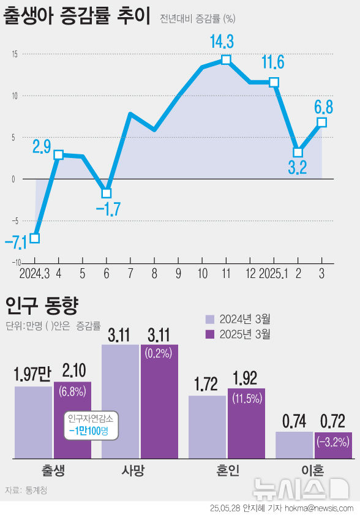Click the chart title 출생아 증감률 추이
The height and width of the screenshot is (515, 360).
point(77,17)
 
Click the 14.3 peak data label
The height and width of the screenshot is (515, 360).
point(222,42)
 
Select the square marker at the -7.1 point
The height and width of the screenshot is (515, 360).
point(35,238)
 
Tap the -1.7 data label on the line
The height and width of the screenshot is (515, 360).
point(108,209)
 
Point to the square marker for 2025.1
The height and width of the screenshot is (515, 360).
point(274,82)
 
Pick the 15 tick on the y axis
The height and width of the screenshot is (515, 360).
point(13,54)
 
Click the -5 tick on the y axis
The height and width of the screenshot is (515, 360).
point(13,220)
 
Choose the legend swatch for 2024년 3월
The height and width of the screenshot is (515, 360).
point(209,319)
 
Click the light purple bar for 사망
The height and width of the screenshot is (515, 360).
point(120,401)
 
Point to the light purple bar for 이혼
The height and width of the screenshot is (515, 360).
point(294,445)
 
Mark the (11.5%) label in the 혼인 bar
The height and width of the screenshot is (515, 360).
point(247,398)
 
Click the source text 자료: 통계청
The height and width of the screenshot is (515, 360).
point(26,473)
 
